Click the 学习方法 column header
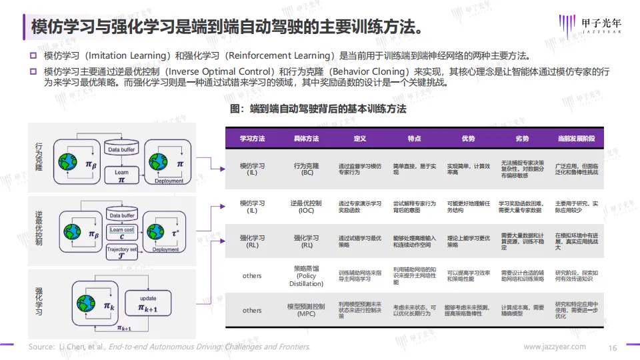point(252,139)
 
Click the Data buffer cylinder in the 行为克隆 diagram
point(121,149)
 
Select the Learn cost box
point(121,230)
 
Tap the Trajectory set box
point(121,250)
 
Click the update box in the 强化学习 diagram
point(148,303)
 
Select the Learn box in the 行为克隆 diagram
point(121,176)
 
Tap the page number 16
point(613,347)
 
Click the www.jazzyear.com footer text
point(555,347)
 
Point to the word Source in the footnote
point(41,347)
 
